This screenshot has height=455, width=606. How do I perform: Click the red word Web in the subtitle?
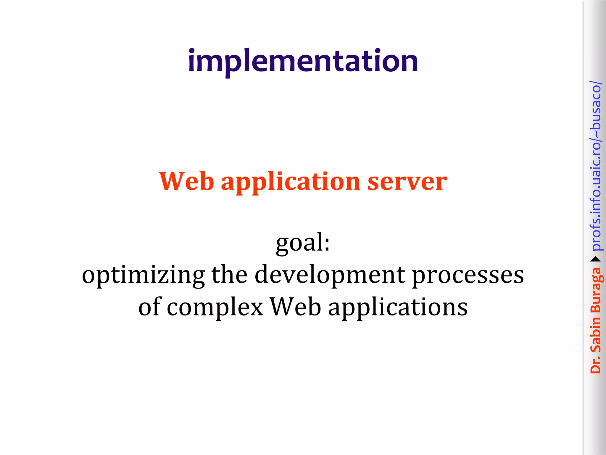click(186, 181)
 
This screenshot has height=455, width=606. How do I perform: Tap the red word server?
click(407, 181)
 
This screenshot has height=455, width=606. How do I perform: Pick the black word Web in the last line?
click(296, 307)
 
